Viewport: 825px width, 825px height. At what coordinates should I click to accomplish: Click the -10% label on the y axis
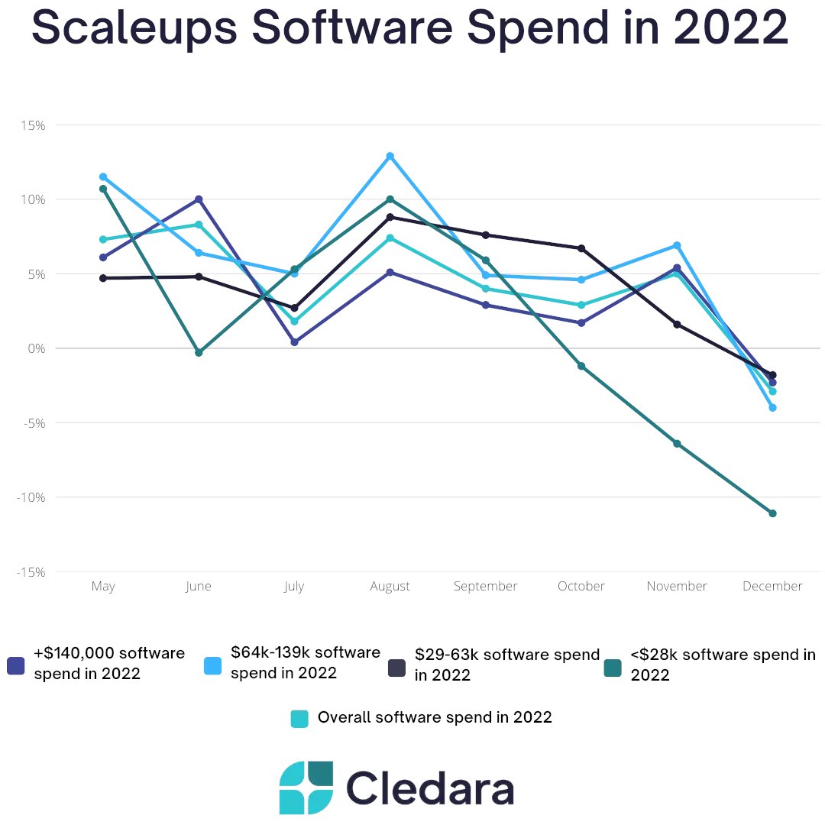click(x=31, y=497)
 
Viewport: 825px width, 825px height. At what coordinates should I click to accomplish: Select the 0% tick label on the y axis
click(x=36, y=348)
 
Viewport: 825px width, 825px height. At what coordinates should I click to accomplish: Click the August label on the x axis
click(x=390, y=587)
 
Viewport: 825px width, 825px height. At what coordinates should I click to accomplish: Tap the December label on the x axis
click(x=772, y=587)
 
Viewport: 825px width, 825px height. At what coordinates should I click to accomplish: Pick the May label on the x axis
click(x=103, y=587)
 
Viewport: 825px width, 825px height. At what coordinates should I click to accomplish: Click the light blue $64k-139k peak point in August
click(x=390, y=156)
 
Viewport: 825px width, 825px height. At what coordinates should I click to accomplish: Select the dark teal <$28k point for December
click(x=772, y=513)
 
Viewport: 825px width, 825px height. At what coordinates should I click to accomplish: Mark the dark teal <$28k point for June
click(x=199, y=352)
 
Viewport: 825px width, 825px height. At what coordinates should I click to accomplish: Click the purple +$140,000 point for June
click(x=199, y=199)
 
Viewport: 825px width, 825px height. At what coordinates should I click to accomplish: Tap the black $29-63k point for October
click(x=581, y=248)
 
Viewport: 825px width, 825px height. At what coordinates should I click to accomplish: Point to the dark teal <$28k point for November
click(x=677, y=443)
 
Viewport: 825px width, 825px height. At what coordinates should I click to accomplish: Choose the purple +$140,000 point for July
click(x=294, y=342)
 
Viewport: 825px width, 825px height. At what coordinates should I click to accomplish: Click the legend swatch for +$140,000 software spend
click(x=16, y=665)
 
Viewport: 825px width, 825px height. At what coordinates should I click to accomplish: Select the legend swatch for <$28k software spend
click(x=612, y=668)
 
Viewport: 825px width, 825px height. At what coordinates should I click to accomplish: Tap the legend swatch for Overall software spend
click(x=299, y=718)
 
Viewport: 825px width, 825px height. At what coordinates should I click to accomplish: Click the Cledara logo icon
click(x=306, y=788)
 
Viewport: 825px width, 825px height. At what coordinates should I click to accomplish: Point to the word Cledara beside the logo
click(x=429, y=788)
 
